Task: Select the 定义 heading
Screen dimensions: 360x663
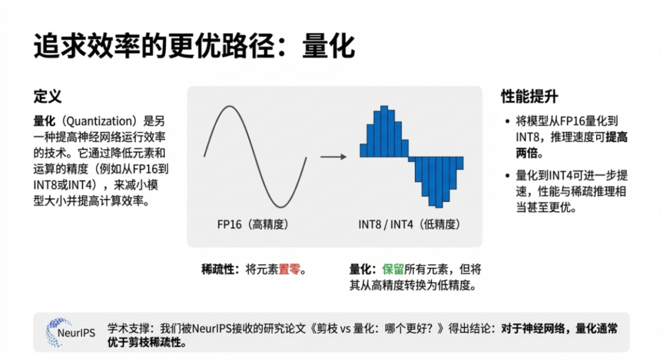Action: [x=48, y=97]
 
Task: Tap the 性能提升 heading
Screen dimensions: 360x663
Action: [x=530, y=97]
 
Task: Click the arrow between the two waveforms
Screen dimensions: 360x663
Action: [x=333, y=157]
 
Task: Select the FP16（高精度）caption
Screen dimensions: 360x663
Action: [x=252, y=224]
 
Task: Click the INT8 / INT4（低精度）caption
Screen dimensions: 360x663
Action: [x=410, y=224]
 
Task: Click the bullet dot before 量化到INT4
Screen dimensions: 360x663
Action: [x=506, y=176]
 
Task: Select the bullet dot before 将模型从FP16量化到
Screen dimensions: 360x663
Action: [x=506, y=122]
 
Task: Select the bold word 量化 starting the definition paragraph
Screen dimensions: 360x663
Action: [x=45, y=120]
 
